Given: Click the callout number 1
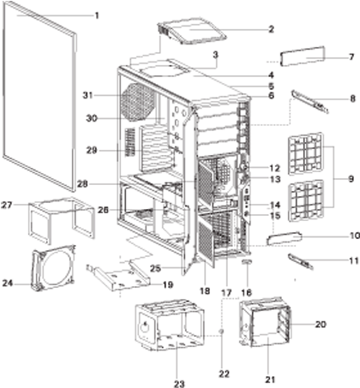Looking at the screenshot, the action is pyautogui.click(x=97, y=15).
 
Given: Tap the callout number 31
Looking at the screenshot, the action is pyautogui.click(x=88, y=95).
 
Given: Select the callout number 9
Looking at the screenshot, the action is pyautogui.click(x=351, y=179).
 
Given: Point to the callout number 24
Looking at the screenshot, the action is pyautogui.click(x=8, y=284).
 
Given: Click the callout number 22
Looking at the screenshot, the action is pyautogui.click(x=224, y=373).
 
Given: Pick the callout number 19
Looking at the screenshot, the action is pyautogui.click(x=168, y=284).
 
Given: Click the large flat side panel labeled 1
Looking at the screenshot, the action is pyautogui.click(x=39, y=97).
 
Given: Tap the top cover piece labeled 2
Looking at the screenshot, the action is pyautogui.click(x=192, y=31).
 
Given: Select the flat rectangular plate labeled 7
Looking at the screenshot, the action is pyautogui.click(x=303, y=57).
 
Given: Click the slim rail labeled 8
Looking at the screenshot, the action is pyautogui.click(x=309, y=102).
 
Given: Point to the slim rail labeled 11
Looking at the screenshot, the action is pyautogui.click(x=301, y=261).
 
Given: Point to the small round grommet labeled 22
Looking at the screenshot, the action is pyautogui.click(x=222, y=331).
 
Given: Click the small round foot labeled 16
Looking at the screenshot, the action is pyautogui.click(x=248, y=262).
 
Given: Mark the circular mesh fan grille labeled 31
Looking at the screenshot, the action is pyautogui.click(x=139, y=102).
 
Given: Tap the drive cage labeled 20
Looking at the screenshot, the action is pyautogui.click(x=265, y=322).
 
